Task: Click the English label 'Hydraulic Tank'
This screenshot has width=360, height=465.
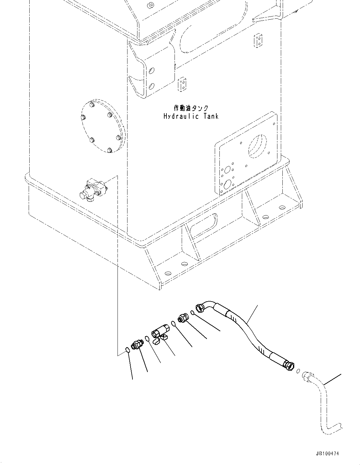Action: point(191,116)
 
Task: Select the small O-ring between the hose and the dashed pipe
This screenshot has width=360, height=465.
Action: point(298,371)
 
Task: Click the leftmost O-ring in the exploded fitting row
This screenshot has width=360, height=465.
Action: point(128,350)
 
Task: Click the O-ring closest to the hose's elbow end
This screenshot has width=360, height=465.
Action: point(193,312)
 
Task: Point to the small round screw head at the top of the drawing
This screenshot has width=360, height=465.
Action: point(151,5)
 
